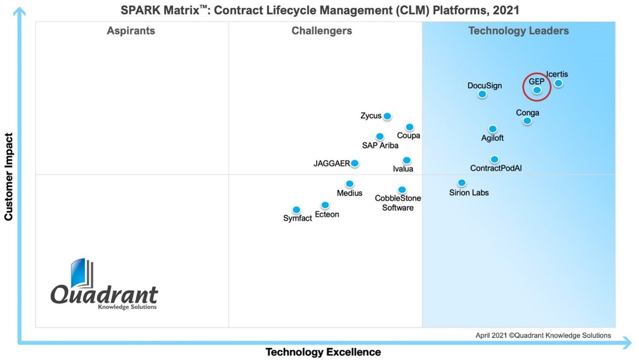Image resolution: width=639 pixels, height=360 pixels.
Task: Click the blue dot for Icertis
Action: (558, 83)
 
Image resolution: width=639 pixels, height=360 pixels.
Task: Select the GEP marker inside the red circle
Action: (537, 91)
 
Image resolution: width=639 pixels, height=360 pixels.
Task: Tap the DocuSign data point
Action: (482, 94)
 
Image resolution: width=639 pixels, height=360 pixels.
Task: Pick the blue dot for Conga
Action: (527, 121)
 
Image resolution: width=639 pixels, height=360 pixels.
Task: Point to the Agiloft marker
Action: (492, 129)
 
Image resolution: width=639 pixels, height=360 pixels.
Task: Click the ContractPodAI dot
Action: (494, 159)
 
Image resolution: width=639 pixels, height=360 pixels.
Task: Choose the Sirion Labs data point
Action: (462, 183)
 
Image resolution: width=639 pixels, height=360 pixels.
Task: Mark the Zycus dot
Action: (387, 116)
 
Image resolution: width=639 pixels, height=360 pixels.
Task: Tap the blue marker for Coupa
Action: (410, 127)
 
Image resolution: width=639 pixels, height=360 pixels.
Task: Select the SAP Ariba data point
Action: (380, 137)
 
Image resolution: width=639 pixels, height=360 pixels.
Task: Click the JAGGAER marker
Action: (355, 163)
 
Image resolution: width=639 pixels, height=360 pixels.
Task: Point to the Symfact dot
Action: (297, 210)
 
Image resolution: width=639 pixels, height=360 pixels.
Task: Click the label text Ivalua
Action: (403, 169)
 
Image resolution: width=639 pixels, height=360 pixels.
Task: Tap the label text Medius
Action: (349, 193)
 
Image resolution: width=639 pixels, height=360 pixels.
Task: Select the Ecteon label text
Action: (327, 214)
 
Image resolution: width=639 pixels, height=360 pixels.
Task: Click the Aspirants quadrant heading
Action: (131, 30)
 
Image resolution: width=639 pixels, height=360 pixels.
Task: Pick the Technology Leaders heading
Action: (518, 30)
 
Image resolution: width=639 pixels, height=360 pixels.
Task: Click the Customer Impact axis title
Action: (9, 177)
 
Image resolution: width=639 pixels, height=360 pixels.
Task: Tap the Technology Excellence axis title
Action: (323, 352)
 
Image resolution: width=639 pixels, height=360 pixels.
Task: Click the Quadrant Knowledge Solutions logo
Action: (104, 286)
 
